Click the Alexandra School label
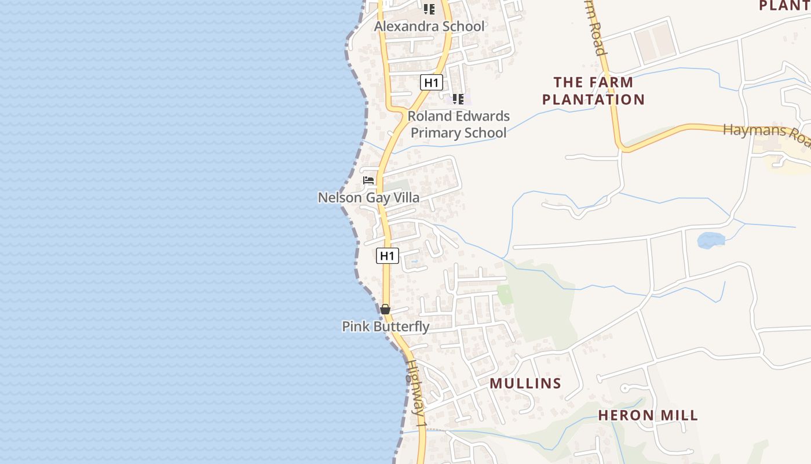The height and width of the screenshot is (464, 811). point(429,26)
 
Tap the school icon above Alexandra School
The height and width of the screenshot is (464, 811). point(429,9)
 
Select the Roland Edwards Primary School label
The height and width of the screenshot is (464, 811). point(459,124)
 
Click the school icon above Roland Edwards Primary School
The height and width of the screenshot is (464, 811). point(458,99)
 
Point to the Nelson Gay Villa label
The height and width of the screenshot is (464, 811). point(368,198)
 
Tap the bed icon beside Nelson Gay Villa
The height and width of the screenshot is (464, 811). point(368,180)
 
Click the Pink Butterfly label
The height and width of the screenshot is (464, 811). point(386,327)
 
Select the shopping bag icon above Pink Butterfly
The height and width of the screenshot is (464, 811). point(385,309)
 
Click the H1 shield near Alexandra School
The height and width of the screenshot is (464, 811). point(431,82)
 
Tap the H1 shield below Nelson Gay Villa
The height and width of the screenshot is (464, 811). point(388,255)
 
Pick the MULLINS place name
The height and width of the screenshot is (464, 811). point(525,383)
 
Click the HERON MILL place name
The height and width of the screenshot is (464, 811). point(648,415)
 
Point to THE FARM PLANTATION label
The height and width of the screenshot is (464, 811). point(593,91)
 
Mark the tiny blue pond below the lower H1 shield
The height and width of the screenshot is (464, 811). point(414,262)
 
